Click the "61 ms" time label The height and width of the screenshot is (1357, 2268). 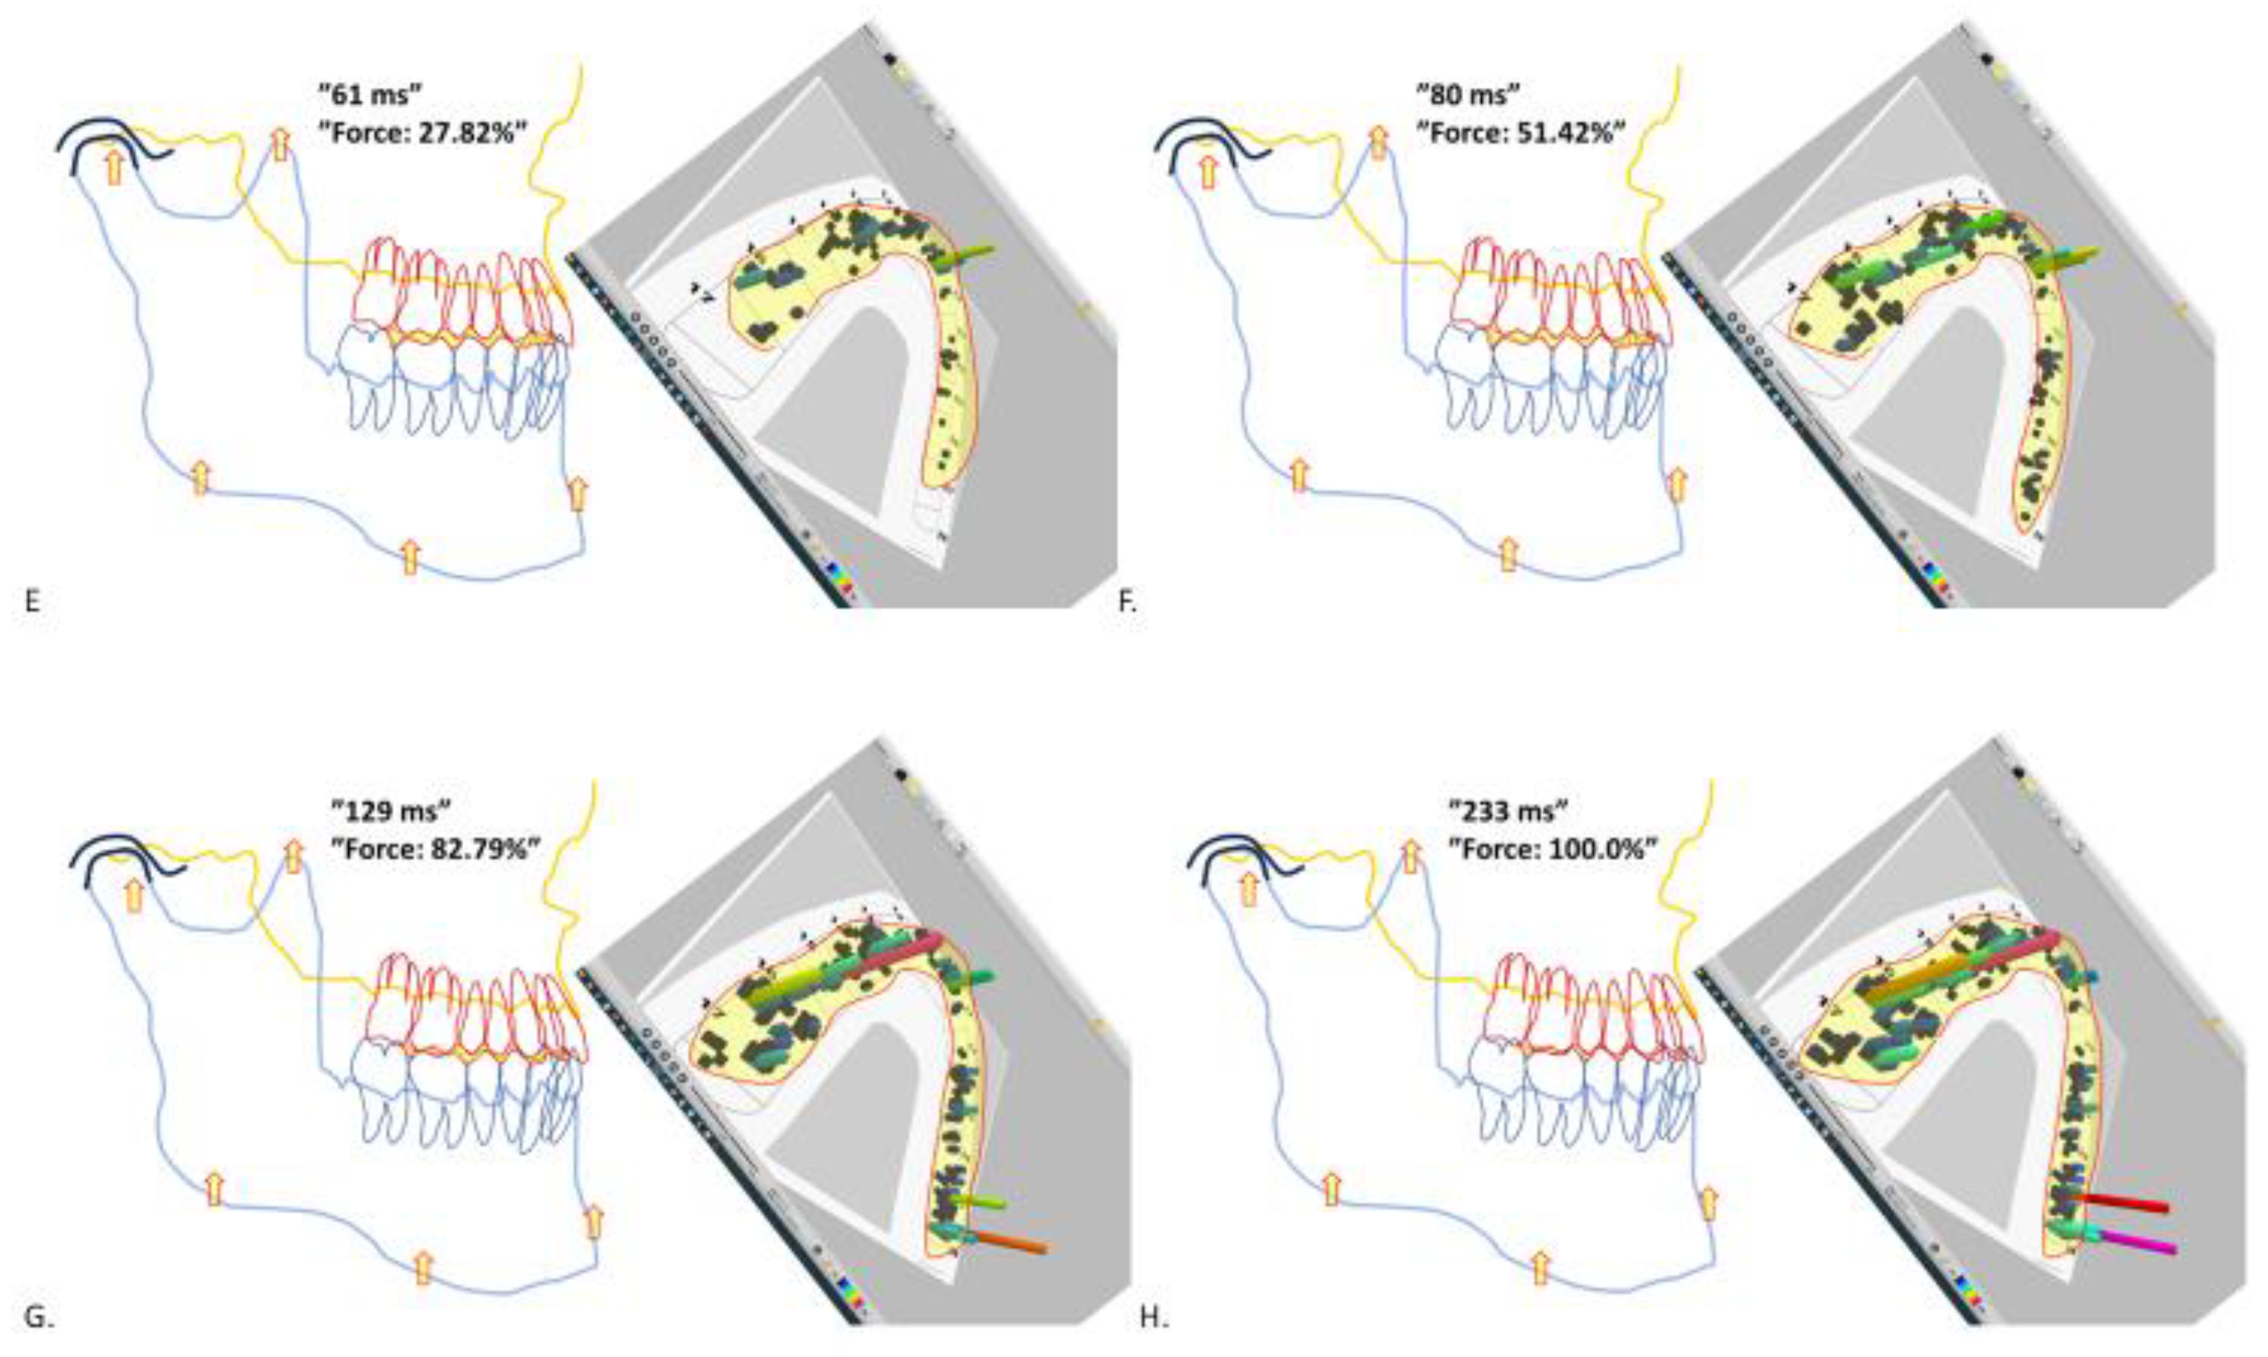[369, 94]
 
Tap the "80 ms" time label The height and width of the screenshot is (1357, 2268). [1468, 94]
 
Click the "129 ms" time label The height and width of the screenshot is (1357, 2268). [392, 812]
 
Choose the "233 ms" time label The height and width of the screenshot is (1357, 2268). [1509, 812]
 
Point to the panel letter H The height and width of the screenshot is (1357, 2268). [1151, 1317]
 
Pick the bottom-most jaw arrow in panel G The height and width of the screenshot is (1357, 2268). [422, 1268]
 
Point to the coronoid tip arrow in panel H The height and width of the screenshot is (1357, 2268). [1411, 857]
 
